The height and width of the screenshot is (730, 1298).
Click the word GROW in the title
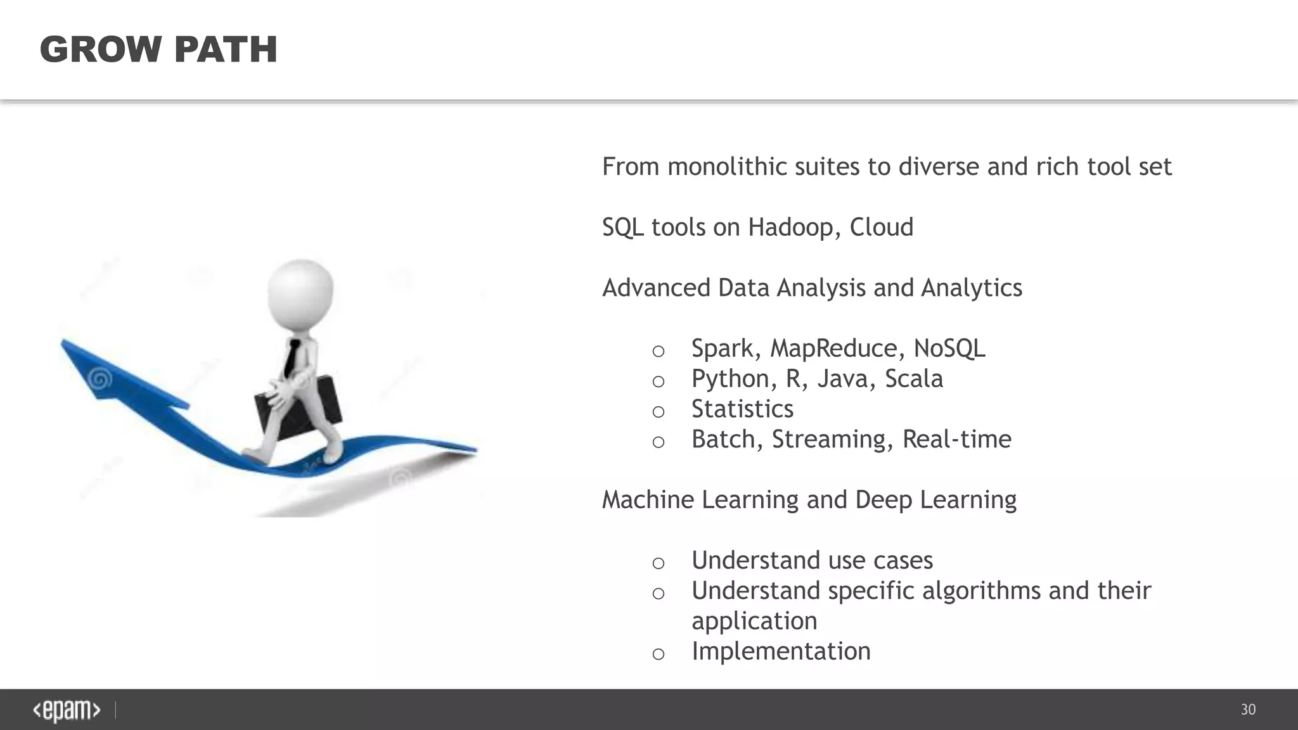(x=101, y=49)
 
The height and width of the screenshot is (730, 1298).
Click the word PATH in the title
(x=225, y=49)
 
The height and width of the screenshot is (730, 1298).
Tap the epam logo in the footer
(x=67, y=710)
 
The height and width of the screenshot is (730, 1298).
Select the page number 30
(x=1248, y=710)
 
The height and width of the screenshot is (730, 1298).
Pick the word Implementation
(x=781, y=651)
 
